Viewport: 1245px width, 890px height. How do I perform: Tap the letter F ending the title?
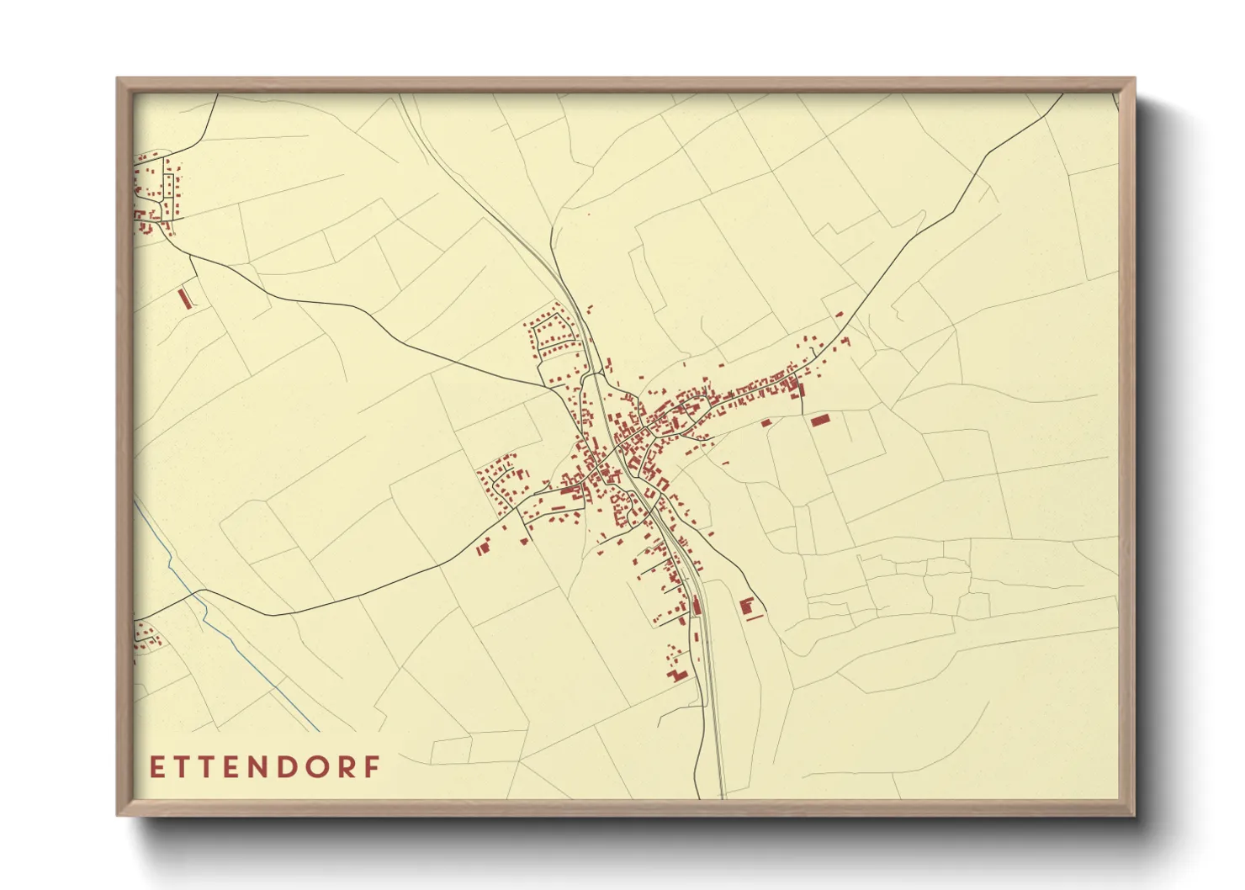coord(373,767)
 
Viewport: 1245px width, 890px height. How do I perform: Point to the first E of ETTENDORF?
coord(156,767)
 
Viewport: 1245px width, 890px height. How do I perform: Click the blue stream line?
coord(244,656)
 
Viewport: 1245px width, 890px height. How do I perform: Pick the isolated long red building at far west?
coord(184,299)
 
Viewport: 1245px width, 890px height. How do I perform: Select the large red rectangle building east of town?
coord(820,419)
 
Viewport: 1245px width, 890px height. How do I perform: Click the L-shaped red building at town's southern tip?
coord(676,675)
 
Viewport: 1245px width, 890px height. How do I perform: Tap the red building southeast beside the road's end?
coord(745,607)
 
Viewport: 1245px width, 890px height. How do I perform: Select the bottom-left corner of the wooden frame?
coord(119,814)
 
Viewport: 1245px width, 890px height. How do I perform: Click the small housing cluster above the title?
coord(146,634)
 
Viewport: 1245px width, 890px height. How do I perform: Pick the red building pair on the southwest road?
coord(483,548)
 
